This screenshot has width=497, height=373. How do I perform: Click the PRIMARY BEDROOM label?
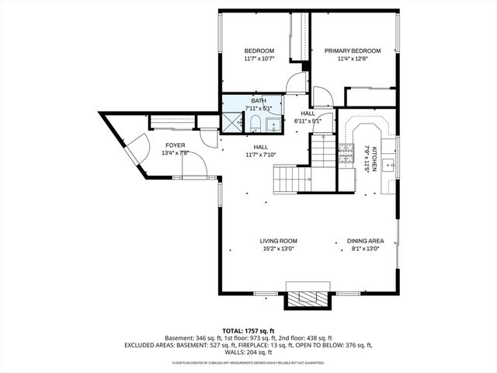pos(357,51)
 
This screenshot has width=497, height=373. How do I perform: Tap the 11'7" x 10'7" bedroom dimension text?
pos(259,58)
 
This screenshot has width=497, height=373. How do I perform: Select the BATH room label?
pos(258,100)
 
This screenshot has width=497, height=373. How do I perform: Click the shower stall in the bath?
pos(232,122)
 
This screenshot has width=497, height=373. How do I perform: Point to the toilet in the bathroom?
pos(255,124)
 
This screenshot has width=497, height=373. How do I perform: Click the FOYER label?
pos(176,145)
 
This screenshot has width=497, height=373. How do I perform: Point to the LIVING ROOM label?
pos(279,241)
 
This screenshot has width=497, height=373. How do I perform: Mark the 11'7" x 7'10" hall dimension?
pos(260,154)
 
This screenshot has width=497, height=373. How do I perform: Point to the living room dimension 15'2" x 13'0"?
pos(279,249)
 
